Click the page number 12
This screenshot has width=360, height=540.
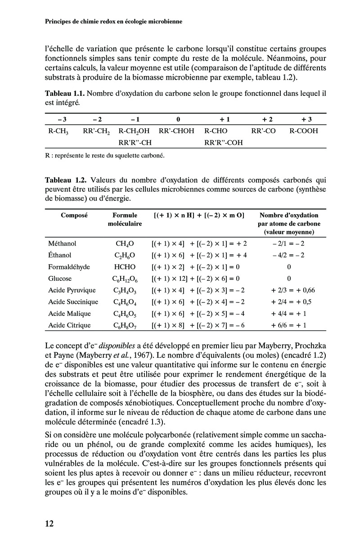(49, 523)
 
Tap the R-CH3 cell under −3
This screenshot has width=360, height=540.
(58, 131)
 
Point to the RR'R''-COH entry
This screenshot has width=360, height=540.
(223, 143)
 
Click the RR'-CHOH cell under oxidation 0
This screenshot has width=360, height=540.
(176, 131)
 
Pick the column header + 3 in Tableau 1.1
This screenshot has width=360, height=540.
(306, 119)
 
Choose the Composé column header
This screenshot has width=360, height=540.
(74, 216)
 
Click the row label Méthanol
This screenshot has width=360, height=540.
(62, 243)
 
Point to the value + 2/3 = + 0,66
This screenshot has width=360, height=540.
(288, 290)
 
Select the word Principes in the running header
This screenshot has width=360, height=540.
(60, 22)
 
